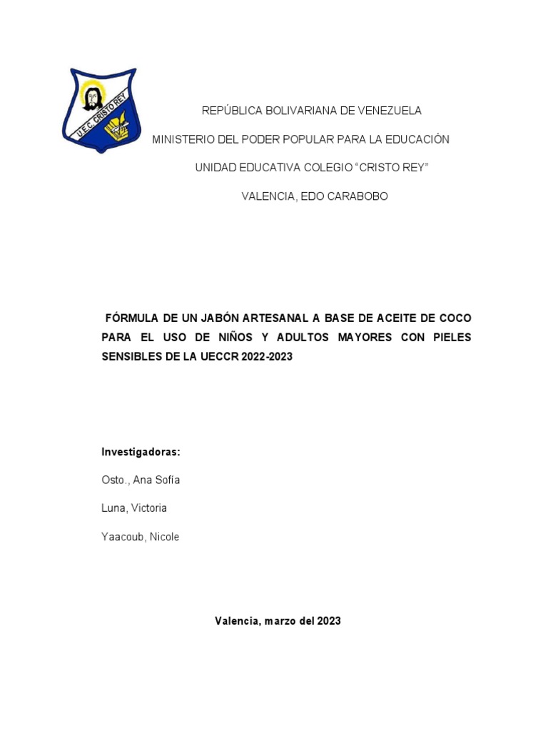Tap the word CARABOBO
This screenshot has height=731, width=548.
click(357, 196)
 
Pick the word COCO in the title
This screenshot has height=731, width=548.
click(455, 318)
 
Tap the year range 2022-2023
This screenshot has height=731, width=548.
click(267, 356)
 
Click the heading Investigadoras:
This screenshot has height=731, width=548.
click(141, 452)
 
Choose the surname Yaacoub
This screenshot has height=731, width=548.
click(122, 537)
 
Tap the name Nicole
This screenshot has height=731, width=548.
click(163, 537)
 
